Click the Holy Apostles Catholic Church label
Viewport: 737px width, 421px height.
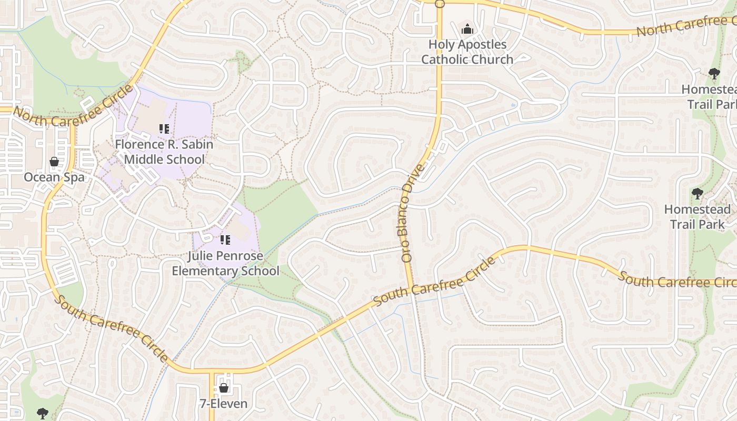click(467, 52)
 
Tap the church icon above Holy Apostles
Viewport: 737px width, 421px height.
click(467, 29)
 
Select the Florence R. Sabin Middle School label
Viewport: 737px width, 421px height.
click(164, 152)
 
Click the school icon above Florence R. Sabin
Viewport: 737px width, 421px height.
click(164, 128)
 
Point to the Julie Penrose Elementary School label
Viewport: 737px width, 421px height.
click(225, 264)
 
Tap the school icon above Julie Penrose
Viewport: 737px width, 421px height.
click(225, 240)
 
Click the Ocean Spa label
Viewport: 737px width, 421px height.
click(54, 177)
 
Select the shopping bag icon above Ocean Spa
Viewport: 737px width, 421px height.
click(54, 162)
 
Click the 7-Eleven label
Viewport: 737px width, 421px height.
click(223, 404)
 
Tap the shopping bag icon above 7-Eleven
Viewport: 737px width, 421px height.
click(223, 388)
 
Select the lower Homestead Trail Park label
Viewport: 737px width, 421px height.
click(697, 217)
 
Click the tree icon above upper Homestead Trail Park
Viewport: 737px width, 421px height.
click(714, 74)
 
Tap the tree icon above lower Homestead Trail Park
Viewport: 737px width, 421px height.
click(697, 194)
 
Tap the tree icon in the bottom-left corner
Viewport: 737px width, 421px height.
click(43, 413)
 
